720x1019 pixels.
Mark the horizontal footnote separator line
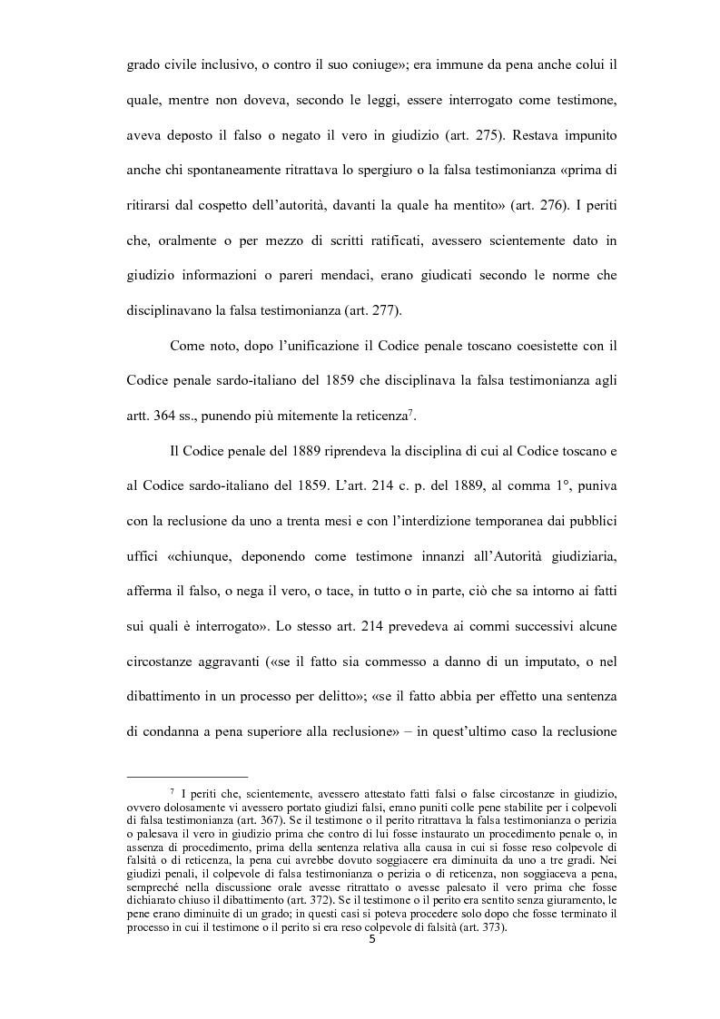(187, 776)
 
